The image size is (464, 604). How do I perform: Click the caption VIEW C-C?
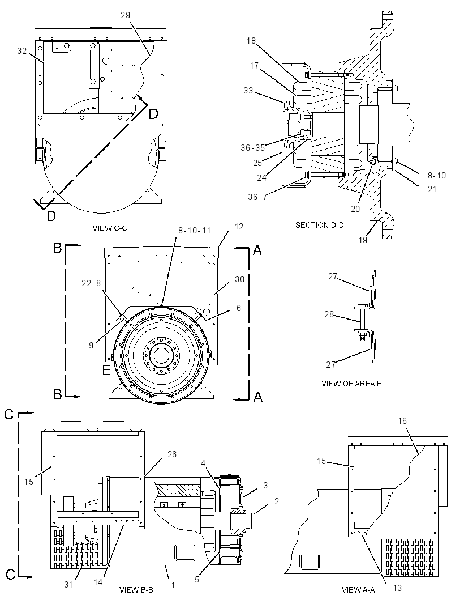coord(110,228)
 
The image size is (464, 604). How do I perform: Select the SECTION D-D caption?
coord(319,224)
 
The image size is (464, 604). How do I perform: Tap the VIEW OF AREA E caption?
coord(351,383)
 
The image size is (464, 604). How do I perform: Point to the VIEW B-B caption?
coord(136,590)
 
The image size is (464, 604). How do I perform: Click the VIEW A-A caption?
coord(358,590)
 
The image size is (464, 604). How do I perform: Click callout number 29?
coord(126,15)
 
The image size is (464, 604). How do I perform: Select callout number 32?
coord(22,50)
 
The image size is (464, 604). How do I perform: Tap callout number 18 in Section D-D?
coord(251,40)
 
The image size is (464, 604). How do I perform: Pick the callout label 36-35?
coord(253,147)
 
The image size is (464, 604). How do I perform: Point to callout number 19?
coord(363,240)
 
